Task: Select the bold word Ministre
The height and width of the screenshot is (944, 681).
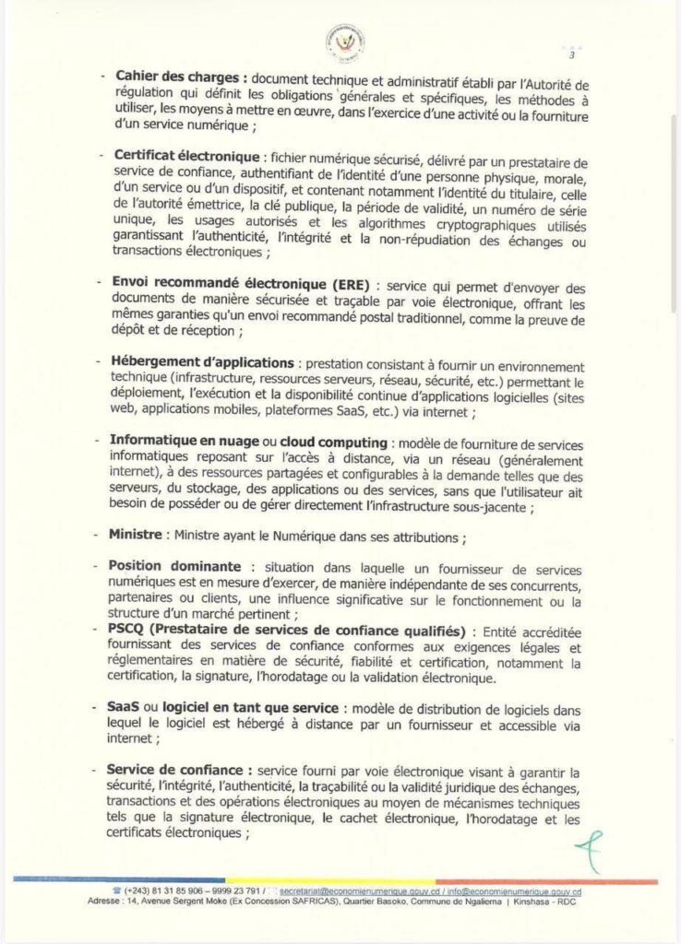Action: (136, 535)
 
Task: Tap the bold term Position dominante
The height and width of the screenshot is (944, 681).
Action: (175, 566)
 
